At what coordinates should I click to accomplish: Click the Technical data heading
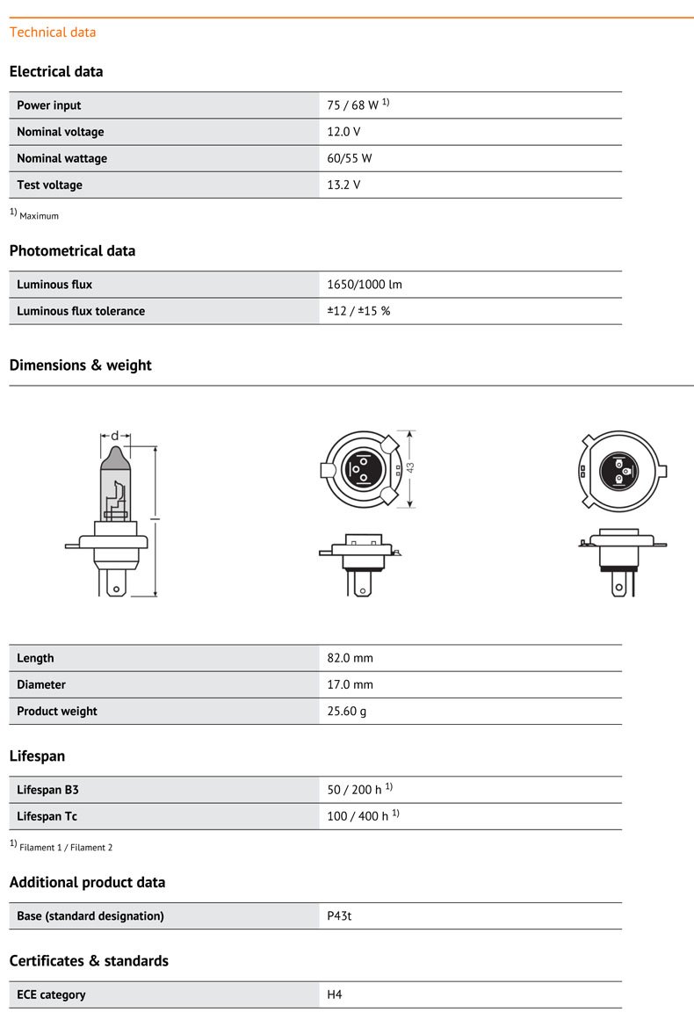(x=53, y=33)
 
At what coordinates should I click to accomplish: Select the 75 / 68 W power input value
(x=353, y=105)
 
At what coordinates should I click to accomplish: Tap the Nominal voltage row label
(x=61, y=132)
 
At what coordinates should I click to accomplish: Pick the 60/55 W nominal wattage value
(x=349, y=158)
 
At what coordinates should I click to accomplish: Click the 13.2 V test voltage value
(x=343, y=184)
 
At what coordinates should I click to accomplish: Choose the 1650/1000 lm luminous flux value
(x=365, y=285)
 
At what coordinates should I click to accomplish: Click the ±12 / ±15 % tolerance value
(x=358, y=311)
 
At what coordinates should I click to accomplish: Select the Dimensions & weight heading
(x=80, y=365)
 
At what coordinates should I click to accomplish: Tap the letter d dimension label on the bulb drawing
(x=115, y=436)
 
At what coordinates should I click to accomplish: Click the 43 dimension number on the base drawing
(x=409, y=469)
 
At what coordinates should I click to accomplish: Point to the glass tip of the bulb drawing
(x=115, y=455)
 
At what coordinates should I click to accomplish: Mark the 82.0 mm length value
(x=351, y=658)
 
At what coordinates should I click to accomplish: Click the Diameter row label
(x=41, y=684)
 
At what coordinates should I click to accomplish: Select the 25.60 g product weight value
(x=347, y=711)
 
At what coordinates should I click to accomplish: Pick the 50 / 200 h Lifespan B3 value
(x=355, y=790)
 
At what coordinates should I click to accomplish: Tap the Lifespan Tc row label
(x=47, y=816)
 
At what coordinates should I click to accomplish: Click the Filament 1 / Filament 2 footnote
(x=66, y=848)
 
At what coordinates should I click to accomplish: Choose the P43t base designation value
(x=340, y=915)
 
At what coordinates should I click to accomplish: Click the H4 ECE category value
(x=335, y=994)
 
